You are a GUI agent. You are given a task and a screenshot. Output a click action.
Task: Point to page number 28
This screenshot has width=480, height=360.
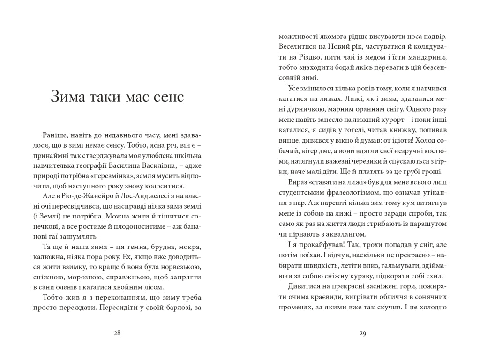pyautogui.click(x=117, y=334)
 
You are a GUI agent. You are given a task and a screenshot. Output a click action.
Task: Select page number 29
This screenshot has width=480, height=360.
pyautogui.click(x=362, y=334)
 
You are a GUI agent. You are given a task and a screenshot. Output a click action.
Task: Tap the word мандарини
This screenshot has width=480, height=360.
pyautogui.click(x=424, y=57)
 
